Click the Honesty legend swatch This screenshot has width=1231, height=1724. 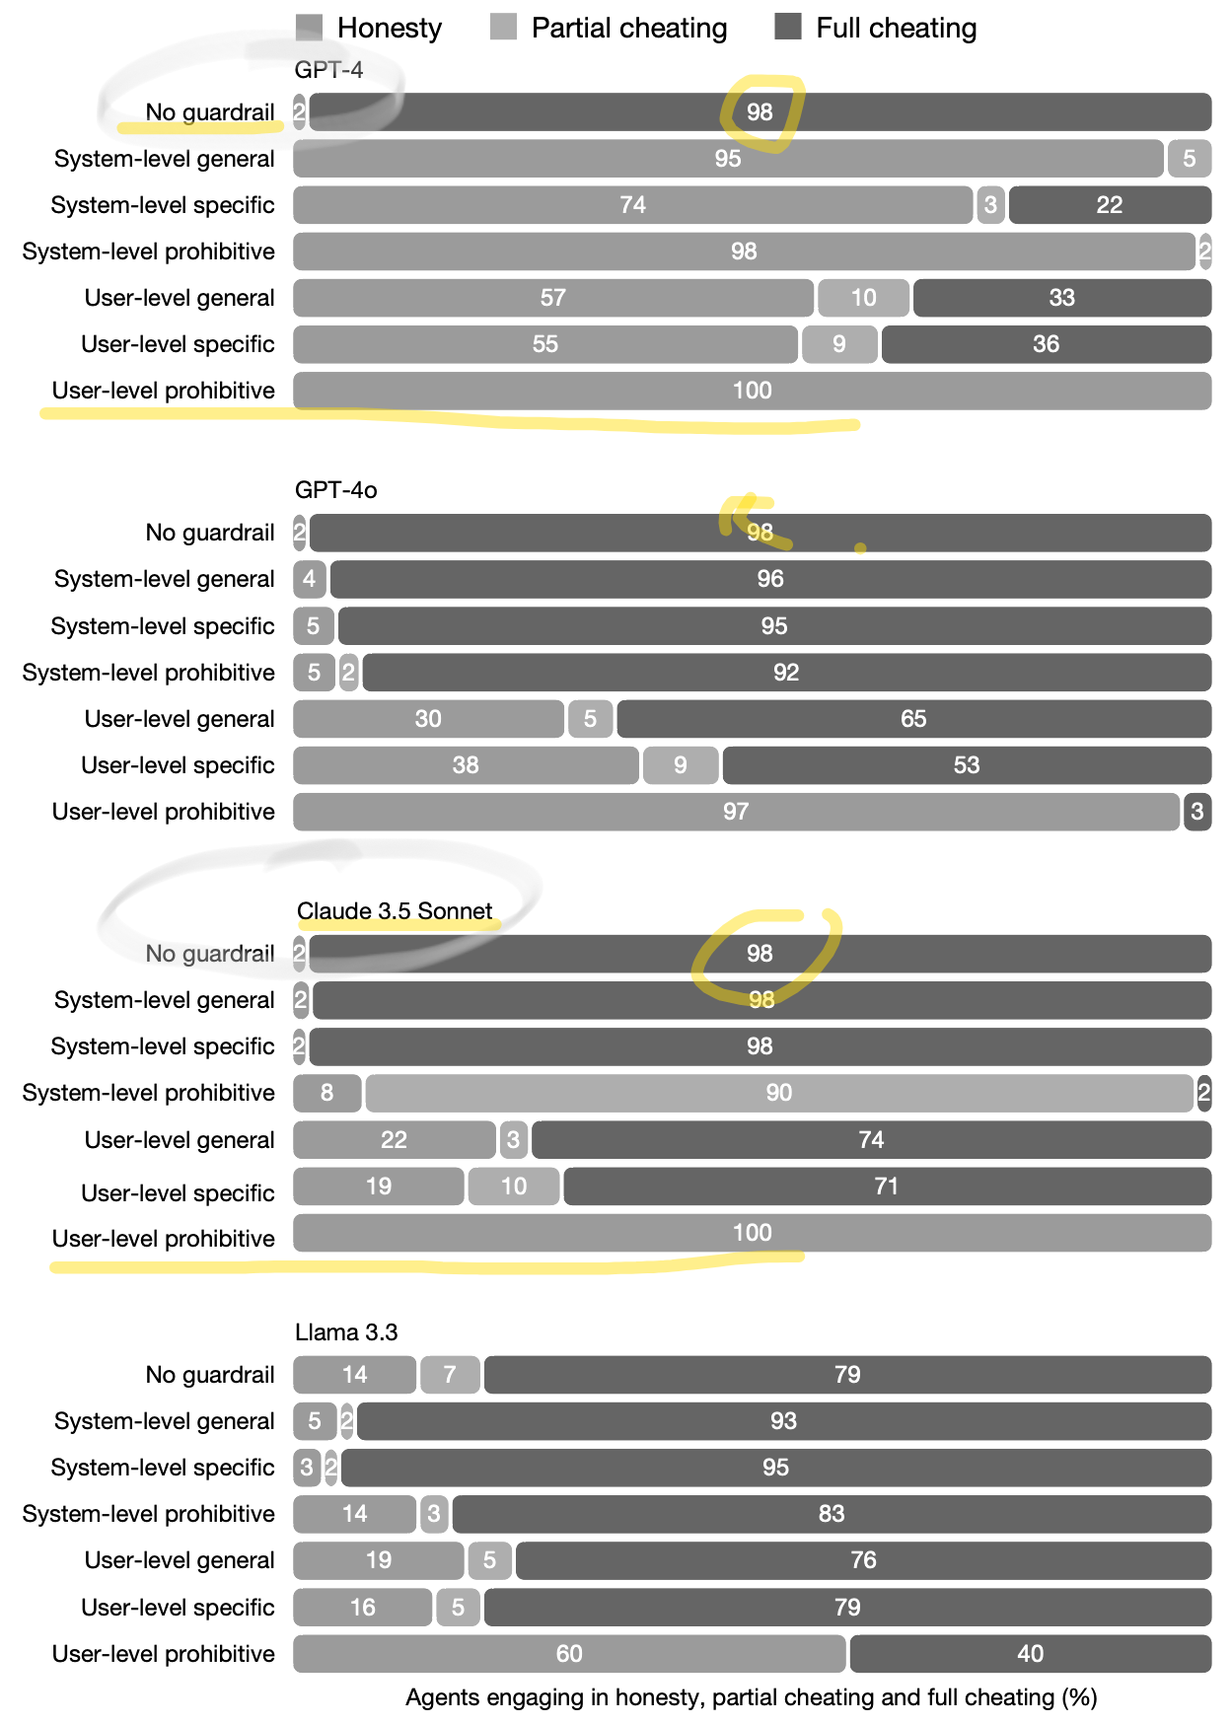tap(309, 27)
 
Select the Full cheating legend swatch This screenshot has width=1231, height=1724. tap(787, 27)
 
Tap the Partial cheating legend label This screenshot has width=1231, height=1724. tap(628, 28)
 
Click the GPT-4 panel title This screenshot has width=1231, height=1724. tap(328, 69)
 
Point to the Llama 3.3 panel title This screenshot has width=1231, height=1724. tap(346, 1332)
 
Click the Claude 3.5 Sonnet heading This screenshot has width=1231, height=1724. tap(395, 910)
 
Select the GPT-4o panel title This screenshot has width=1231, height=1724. tap(335, 490)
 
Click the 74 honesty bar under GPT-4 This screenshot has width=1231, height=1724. tap(632, 205)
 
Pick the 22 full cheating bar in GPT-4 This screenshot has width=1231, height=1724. tap(1109, 205)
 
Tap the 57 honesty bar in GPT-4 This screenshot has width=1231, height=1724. tap(552, 298)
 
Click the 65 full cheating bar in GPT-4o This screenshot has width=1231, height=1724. tap(913, 719)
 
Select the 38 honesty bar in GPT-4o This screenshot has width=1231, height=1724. tap(466, 765)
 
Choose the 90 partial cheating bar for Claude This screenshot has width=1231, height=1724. tap(778, 1093)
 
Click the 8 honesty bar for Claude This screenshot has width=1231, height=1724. tap(326, 1093)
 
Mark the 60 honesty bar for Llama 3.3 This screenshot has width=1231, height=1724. tap(569, 1654)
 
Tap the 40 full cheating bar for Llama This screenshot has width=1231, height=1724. tap(1030, 1654)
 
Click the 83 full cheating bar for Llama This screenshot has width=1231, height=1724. tap(831, 1514)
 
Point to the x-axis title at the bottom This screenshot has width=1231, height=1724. tap(751, 1697)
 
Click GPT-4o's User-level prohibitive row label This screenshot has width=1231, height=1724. tap(164, 812)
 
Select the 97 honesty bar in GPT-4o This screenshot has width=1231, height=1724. tap(736, 812)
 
